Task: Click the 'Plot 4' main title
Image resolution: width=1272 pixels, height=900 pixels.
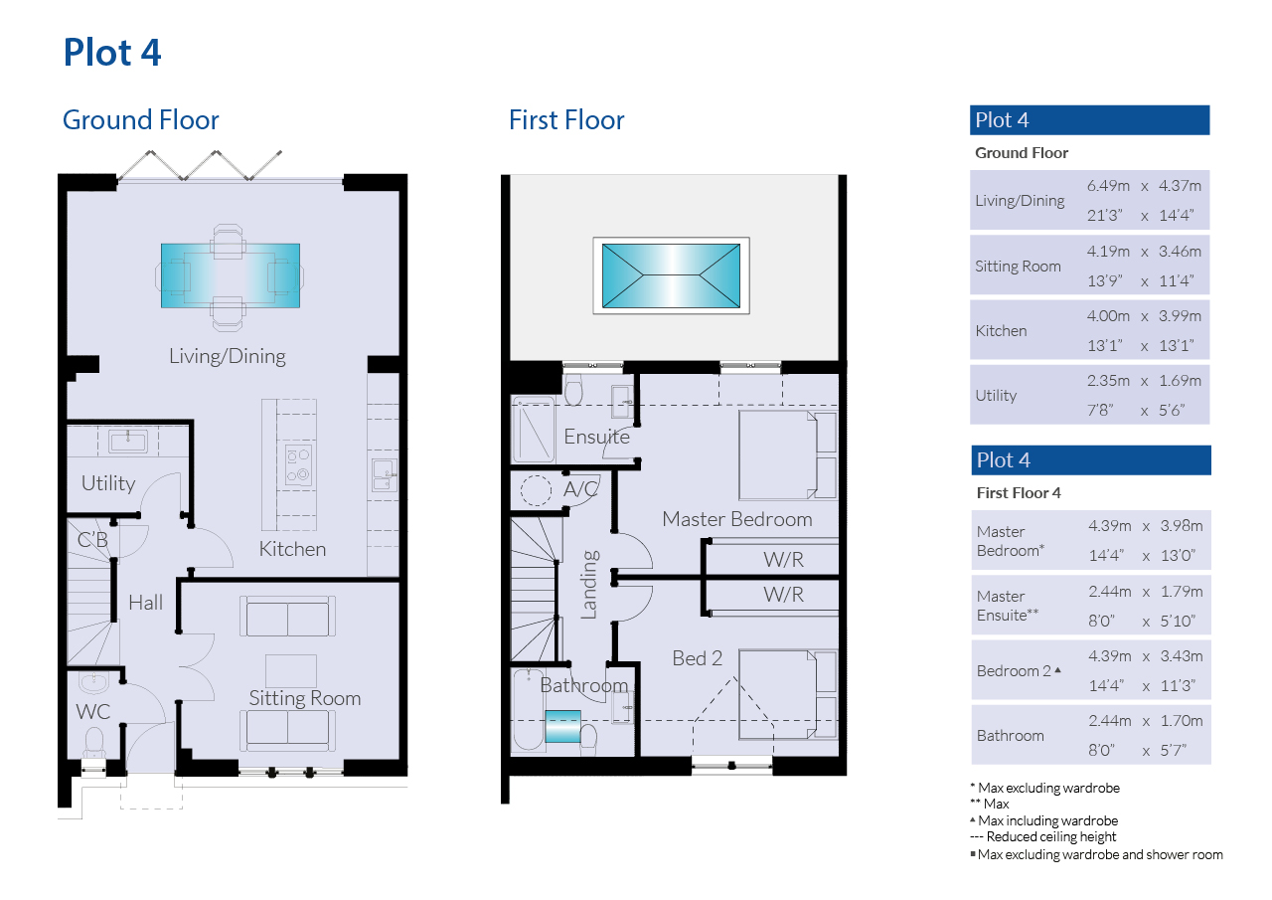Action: click(x=112, y=53)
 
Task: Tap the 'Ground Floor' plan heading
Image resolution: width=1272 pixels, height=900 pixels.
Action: click(x=140, y=120)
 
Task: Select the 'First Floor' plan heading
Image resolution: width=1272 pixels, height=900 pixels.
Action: click(x=566, y=120)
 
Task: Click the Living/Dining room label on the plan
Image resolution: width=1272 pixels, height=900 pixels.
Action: click(x=228, y=356)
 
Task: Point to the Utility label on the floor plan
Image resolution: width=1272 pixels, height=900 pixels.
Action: click(x=108, y=483)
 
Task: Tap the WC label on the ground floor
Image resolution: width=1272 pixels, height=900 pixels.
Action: click(x=92, y=711)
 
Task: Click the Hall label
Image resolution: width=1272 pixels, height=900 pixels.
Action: click(x=145, y=603)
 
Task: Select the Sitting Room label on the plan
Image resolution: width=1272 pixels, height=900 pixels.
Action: click(x=305, y=698)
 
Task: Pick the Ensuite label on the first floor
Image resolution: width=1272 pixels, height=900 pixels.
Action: click(x=597, y=437)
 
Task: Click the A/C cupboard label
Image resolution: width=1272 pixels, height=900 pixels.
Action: click(x=581, y=488)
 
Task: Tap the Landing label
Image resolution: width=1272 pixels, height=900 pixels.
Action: click(x=589, y=585)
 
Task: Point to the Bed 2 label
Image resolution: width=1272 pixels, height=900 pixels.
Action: click(x=698, y=658)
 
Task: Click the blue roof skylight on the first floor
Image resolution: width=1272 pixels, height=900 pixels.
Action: click(x=671, y=275)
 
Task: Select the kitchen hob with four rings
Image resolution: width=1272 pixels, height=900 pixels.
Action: click(x=298, y=464)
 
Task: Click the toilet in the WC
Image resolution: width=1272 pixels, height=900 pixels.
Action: click(x=93, y=742)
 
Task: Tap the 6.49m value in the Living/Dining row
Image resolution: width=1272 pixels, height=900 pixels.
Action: click(x=1108, y=186)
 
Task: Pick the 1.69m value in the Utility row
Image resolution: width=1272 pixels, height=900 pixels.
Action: click(x=1180, y=381)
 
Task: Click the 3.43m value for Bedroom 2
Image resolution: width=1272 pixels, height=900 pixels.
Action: click(x=1182, y=656)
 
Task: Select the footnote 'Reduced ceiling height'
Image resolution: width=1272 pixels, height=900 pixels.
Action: click(x=1051, y=837)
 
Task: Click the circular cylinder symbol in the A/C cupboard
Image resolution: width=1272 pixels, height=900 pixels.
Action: click(x=536, y=489)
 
